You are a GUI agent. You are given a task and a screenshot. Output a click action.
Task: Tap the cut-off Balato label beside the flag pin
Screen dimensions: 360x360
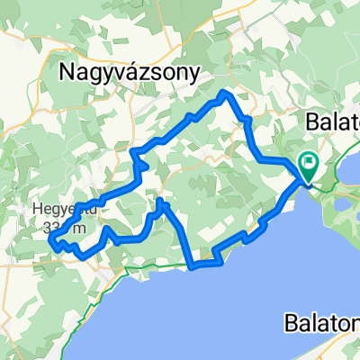(x=331, y=120)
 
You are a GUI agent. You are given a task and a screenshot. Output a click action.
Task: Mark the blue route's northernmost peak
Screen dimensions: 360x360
(x=225, y=93)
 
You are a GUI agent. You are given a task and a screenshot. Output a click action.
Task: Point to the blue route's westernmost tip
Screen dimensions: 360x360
(x=49, y=240)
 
